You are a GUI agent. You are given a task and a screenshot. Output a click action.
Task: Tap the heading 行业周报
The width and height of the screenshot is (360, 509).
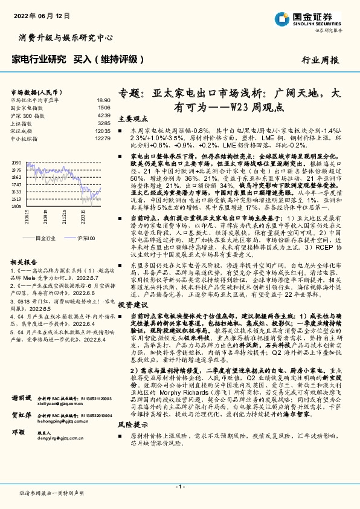point(320,60)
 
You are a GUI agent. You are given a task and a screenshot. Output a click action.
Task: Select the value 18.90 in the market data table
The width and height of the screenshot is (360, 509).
point(103,100)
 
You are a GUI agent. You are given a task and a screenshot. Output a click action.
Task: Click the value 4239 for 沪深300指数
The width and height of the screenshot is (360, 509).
point(103,115)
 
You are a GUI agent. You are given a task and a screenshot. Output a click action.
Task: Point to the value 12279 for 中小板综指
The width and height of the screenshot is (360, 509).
point(103,138)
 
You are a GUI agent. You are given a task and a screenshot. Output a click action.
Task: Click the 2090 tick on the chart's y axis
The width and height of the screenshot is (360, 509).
point(16,163)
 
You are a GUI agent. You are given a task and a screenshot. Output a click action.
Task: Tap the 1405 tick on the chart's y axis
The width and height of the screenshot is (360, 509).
point(16,206)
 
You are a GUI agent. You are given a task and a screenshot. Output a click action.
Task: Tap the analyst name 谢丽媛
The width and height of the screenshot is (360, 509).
point(22,400)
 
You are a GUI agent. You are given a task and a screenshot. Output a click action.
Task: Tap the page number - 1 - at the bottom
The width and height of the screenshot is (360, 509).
point(179,487)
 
